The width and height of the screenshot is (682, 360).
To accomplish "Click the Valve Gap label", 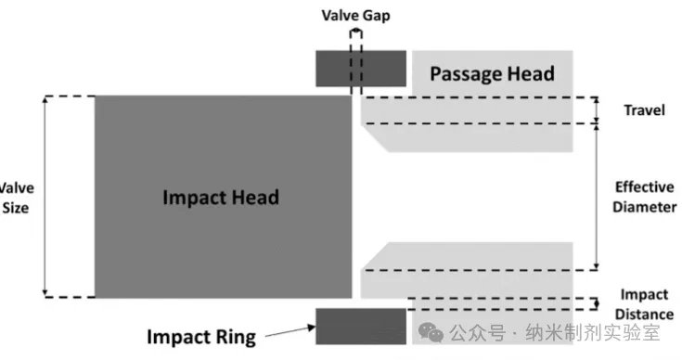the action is [355, 15].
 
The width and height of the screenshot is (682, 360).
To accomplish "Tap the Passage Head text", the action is [492, 73].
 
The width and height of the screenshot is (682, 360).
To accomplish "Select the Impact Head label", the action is [221, 197].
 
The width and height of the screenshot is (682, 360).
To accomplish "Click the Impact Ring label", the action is [201, 338].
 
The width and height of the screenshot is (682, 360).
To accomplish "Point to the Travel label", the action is [644, 110].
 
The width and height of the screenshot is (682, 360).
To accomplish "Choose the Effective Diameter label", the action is [645, 197].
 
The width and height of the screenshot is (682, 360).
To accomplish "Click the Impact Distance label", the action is [644, 304].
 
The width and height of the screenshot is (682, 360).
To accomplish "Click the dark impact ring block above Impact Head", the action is [361, 69].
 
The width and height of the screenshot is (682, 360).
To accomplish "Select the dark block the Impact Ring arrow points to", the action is [361, 327].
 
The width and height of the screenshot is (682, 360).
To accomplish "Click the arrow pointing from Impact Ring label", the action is [290, 331].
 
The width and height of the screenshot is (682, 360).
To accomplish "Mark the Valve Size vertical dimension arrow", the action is [45, 197].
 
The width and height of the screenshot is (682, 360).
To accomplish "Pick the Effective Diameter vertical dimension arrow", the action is [597, 197].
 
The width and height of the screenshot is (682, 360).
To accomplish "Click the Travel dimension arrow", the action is [597, 110].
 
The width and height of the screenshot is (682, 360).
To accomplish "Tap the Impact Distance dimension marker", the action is [597, 304].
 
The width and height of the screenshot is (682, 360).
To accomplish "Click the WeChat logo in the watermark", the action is [431, 333].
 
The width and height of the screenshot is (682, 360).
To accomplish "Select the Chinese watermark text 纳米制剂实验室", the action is [592, 333].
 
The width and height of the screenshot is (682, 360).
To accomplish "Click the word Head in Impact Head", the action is [255, 197].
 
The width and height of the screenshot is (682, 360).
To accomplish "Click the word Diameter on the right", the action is [645, 207].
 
